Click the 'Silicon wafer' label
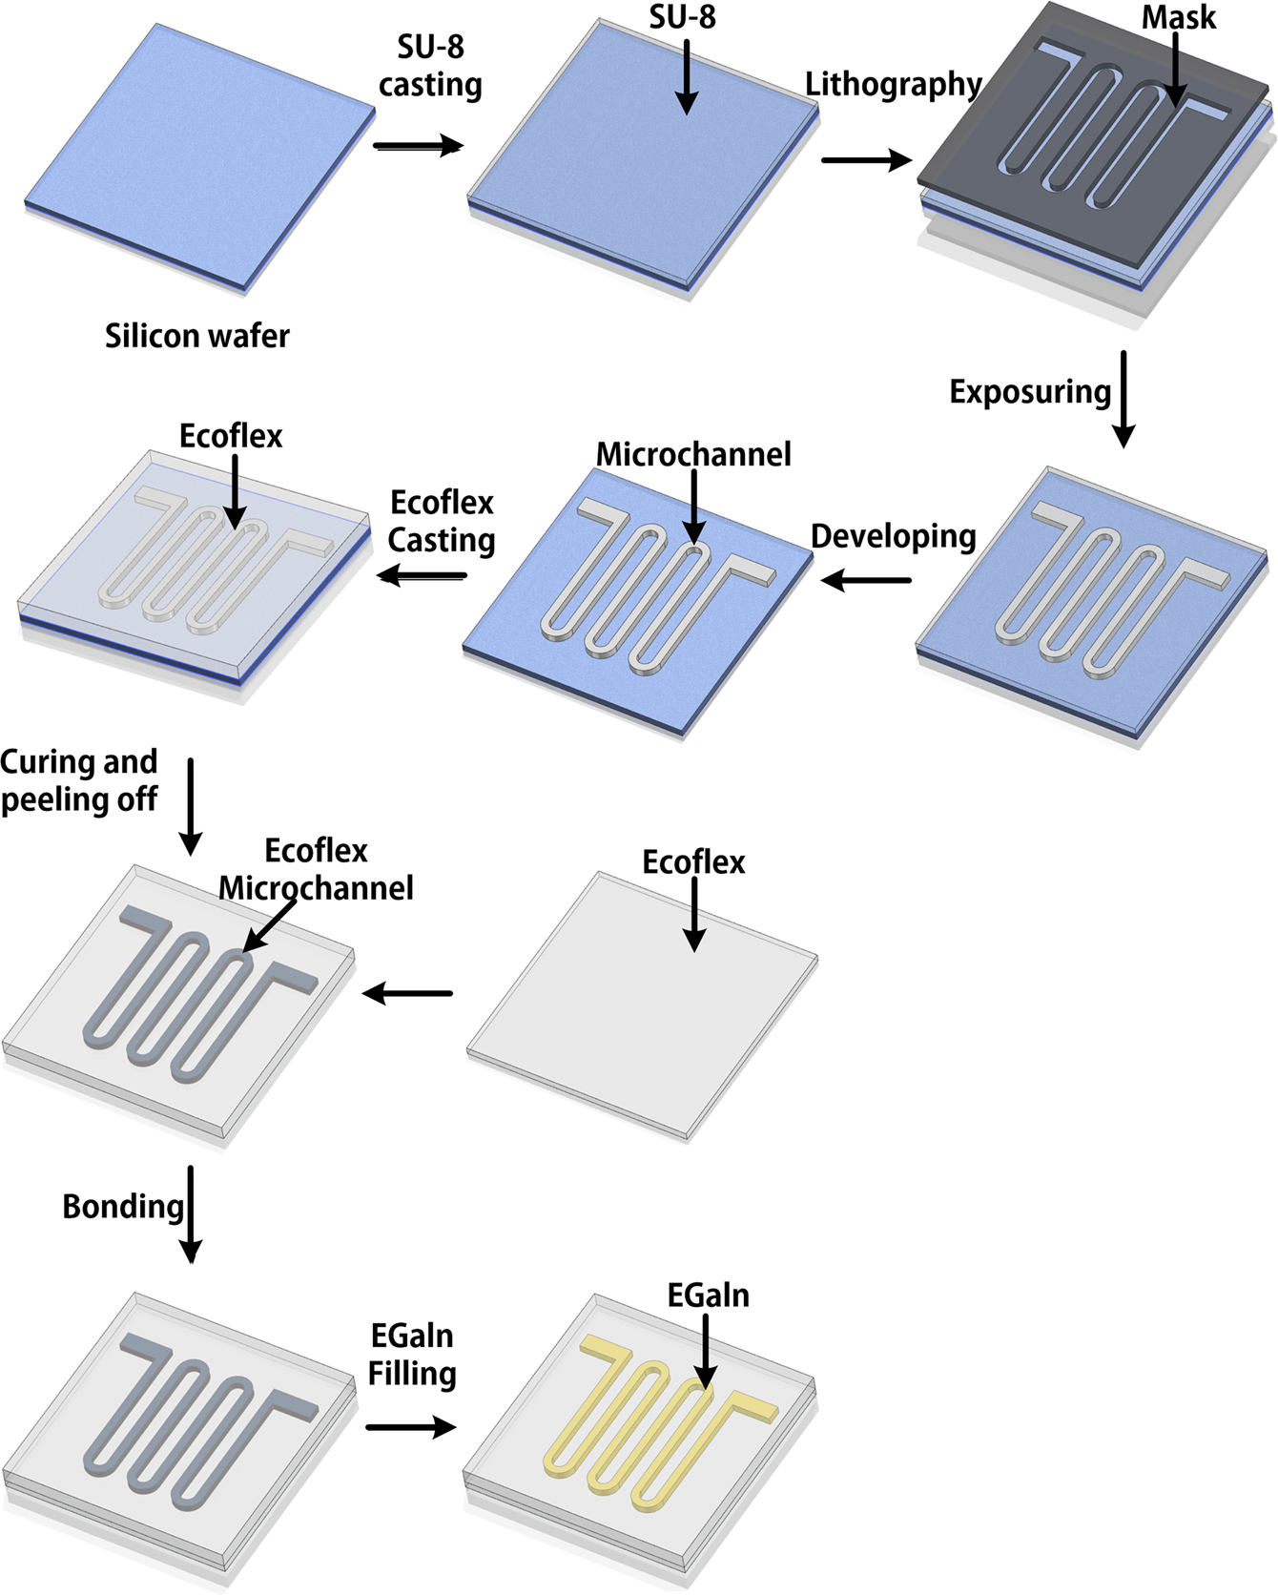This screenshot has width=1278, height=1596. (x=196, y=336)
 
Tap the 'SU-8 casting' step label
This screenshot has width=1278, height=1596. (x=430, y=66)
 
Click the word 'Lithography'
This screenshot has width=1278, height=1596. (x=893, y=85)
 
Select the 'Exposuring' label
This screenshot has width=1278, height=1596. (x=1030, y=392)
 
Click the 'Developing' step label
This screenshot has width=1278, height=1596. (x=893, y=537)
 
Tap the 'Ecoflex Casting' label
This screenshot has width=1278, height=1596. (x=442, y=521)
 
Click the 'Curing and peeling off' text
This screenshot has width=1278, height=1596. (x=79, y=780)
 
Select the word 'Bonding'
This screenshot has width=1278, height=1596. (x=122, y=1207)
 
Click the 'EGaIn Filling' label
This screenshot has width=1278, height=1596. (x=412, y=1354)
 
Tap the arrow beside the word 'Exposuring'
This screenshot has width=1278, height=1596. (x=1123, y=399)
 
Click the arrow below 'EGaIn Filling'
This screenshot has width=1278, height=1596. (x=411, y=1427)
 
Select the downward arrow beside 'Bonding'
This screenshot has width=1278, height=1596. (x=191, y=1213)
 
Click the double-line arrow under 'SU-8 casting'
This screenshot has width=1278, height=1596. (x=418, y=146)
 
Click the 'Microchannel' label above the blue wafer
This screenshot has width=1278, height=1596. (x=693, y=454)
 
